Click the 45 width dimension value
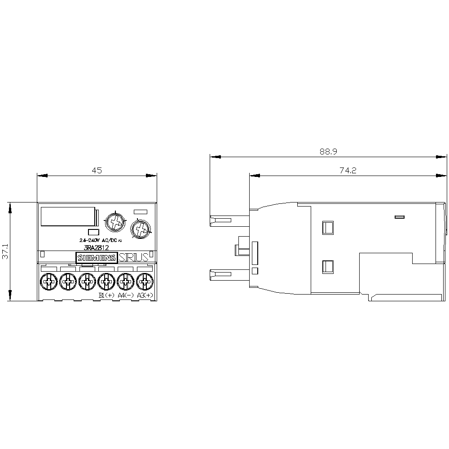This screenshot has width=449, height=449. click(x=97, y=170)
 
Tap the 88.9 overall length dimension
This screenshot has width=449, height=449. click(x=328, y=152)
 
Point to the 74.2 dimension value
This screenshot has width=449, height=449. click(x=348, y=170)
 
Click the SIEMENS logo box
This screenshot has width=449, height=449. click(x=96, y=257)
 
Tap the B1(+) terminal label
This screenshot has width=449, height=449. click(x=106, y=295)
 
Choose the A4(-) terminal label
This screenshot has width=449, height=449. click(x=125, y=295)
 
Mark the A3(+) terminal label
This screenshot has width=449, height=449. click(x=145, y=295)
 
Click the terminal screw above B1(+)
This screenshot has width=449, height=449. click(x=106, y=282)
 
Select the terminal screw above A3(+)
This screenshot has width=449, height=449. click(x=144, y=282)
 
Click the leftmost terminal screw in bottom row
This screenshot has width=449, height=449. click(x=48, y=282)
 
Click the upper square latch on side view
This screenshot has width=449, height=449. click(x=328, y=227)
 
